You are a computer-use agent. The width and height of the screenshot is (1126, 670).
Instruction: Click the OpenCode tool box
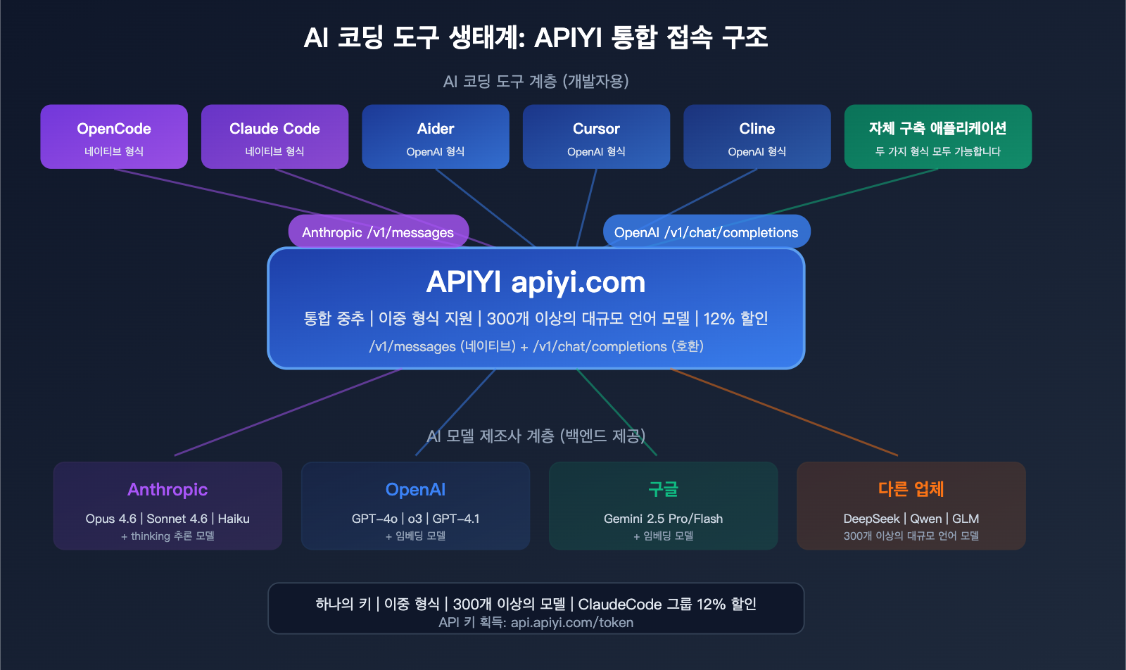click(x=114, y=137)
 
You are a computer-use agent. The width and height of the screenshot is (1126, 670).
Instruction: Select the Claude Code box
click(x=274, y=137)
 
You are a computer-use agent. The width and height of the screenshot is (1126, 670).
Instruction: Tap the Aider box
click(x=435, y=137)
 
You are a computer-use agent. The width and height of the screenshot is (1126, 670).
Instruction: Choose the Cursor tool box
click(x=596, y=137)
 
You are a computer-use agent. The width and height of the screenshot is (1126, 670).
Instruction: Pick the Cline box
click(x=757, y=137)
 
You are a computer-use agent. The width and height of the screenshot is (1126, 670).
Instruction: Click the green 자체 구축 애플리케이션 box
click(x=937, y=137)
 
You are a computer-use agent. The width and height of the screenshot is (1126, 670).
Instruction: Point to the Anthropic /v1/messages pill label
click(x=378, y=232)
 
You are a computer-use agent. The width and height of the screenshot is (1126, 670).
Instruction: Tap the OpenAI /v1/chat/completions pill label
click(x=706, y=232)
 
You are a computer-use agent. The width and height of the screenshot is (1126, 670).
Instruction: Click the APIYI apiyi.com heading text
click(x=536, y=282)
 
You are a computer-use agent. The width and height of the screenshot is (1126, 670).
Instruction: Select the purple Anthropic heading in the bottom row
click(x=167, y=489)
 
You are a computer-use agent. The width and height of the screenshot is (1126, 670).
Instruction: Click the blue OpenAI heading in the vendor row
click(x=415, y=489)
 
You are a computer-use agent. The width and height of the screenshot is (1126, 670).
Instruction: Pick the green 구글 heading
click(x=663, y=489)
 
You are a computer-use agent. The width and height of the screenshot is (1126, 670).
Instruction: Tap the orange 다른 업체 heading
click(x=911, y=489)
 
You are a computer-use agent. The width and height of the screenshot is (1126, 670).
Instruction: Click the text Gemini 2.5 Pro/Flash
click(x=663, y=519)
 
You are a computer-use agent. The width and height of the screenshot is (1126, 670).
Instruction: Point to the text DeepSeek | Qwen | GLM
click(x=911, y=519)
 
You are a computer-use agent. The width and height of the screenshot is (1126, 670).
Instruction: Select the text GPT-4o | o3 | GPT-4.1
click(x=415, y=519)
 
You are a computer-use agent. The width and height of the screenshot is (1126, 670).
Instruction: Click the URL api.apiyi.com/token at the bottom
click(x=571, y=623)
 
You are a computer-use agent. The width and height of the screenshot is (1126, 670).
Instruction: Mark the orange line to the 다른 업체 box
click(x=785, y=412)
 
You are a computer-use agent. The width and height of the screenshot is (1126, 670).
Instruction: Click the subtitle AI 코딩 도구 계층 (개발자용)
click(x=536, y=82)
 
